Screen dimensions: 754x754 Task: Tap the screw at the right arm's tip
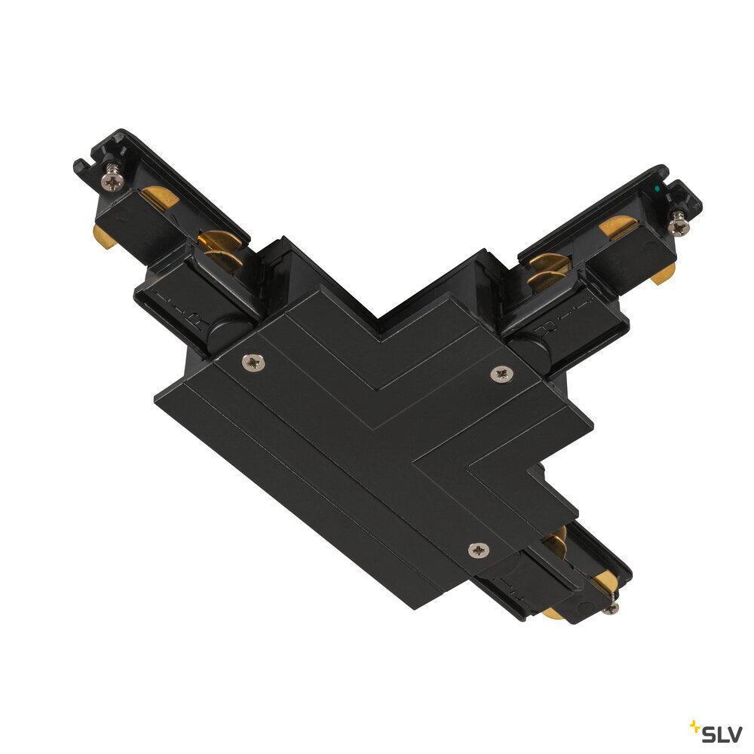coord(679,223)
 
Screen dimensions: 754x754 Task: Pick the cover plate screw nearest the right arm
coord(501,374)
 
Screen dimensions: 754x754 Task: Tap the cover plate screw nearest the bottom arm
coord(479,550)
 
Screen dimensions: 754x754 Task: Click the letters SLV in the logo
coord(722,734)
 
